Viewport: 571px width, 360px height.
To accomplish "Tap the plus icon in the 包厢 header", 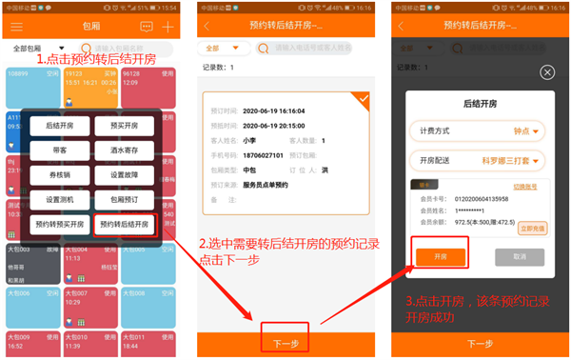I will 168,27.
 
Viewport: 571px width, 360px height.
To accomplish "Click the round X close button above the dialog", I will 546,72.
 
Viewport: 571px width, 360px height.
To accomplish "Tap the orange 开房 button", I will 440,257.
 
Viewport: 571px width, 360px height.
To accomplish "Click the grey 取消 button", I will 518,257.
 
